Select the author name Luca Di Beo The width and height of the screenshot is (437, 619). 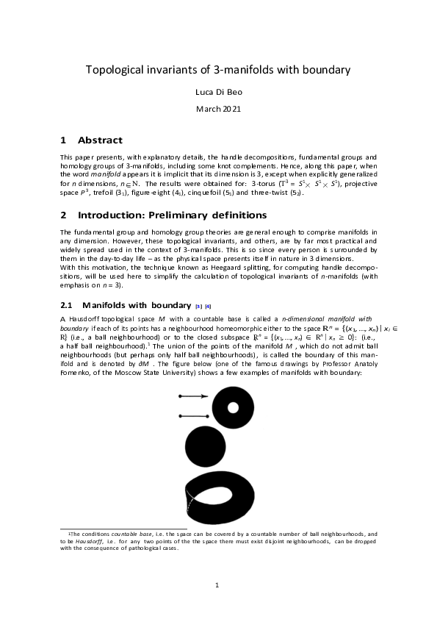[218, 93]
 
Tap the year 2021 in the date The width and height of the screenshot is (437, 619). [232, 109]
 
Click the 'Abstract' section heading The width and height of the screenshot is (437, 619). [100, 140]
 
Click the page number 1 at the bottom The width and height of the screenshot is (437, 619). [218, 585]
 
